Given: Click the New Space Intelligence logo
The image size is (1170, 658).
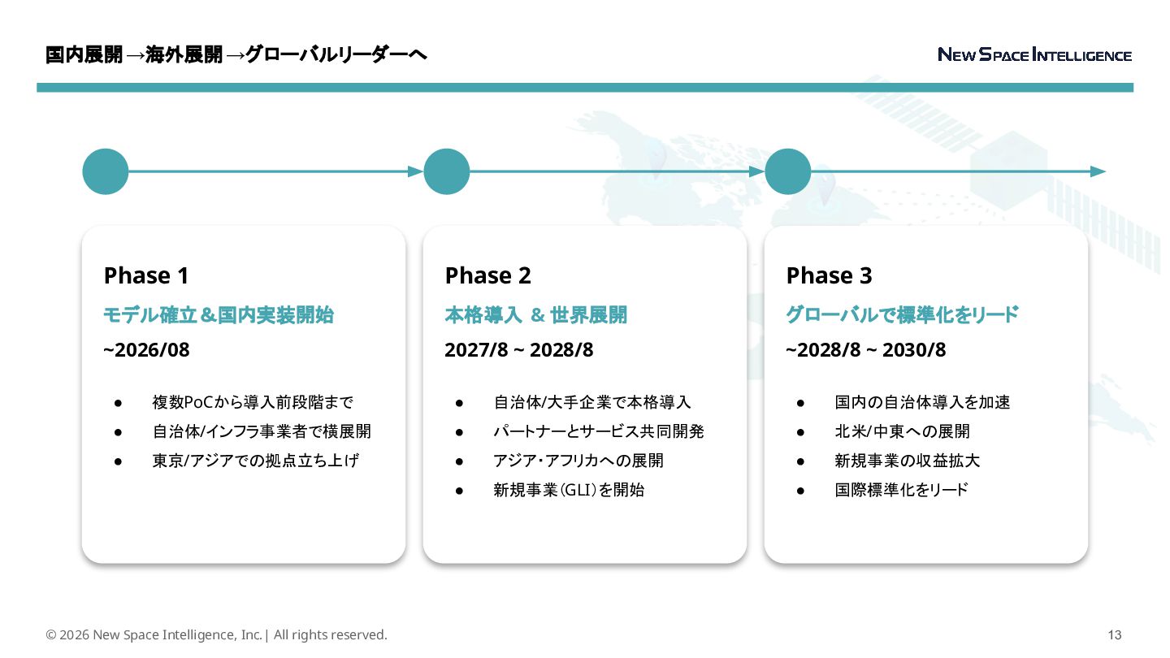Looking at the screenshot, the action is tap(1034, 55).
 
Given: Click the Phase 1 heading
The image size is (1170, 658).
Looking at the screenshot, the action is tap(146, 276).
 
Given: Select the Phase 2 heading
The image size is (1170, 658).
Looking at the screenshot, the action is tap(487, 276).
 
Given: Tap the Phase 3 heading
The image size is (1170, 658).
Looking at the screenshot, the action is tap(829, 276).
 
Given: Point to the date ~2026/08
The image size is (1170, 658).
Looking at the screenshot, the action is tap(146, 350).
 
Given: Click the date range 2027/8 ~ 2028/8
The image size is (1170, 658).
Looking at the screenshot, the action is tap(518, 350).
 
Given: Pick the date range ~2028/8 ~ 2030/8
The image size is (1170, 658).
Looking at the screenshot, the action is tap(865, 350).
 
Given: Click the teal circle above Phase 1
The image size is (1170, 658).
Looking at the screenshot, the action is tap(106, 171).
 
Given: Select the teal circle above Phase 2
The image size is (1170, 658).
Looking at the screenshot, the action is tap(447, 171).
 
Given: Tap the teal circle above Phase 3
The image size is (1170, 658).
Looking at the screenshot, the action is tap(788, 171).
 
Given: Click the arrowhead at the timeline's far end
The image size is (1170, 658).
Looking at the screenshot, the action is tap(1098, 171).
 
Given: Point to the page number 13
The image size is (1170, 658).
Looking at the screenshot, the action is tap(1115, 635).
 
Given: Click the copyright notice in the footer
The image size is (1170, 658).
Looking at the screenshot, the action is tap(216, 635).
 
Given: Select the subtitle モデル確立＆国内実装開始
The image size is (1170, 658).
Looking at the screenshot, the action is tap(219, 315).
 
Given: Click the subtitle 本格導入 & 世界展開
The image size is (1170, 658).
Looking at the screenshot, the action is tap(535, 315).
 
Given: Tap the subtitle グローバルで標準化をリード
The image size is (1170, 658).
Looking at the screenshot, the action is tap(902, 315).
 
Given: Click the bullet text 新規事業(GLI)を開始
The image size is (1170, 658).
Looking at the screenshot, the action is tap(569, 490).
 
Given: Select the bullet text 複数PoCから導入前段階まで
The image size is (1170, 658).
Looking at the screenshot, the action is tap(253, 402).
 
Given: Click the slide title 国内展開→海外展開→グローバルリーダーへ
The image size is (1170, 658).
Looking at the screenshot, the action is tap(236, 55).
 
